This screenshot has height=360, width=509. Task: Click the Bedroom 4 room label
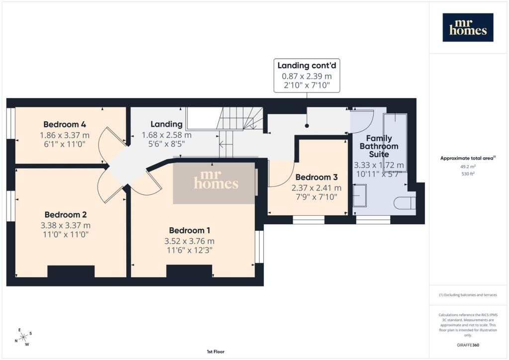click(65, 124)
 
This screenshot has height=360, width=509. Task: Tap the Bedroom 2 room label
click(66, 215)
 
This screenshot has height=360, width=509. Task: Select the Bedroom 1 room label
click(189, 231)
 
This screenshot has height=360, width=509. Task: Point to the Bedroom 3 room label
click(317, 177)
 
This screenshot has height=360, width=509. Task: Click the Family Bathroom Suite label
click(379, 146)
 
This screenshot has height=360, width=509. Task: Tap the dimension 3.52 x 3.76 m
click(189, 241)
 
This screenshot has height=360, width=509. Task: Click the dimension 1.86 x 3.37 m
click(65, 135)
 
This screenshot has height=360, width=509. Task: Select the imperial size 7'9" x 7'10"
click(317, 197)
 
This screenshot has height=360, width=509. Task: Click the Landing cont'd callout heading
click(307, 66)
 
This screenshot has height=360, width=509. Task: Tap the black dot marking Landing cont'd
click(307, 126)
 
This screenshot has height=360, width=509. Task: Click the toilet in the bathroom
click(405, 203)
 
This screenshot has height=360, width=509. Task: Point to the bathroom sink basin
click(360, 195)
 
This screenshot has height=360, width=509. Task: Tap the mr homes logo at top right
click(468, 27)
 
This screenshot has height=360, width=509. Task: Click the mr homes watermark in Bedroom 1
click(216, 180)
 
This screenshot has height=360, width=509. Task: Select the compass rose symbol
click(23, 338)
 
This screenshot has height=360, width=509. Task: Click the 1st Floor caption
click(216, 352)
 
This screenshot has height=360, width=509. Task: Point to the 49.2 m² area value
click(468, 167)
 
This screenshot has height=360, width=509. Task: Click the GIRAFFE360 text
click(468, 345)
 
